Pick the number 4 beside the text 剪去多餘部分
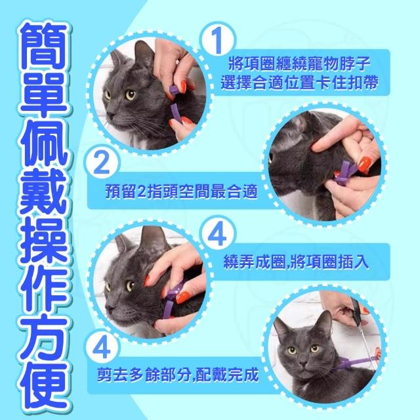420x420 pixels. click(x=102, y=348)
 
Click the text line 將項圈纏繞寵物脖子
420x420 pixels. click(x=299, y=64)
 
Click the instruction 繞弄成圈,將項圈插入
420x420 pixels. click(x=296, y=261)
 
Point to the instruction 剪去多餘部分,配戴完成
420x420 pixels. click(x=178, y=374)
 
